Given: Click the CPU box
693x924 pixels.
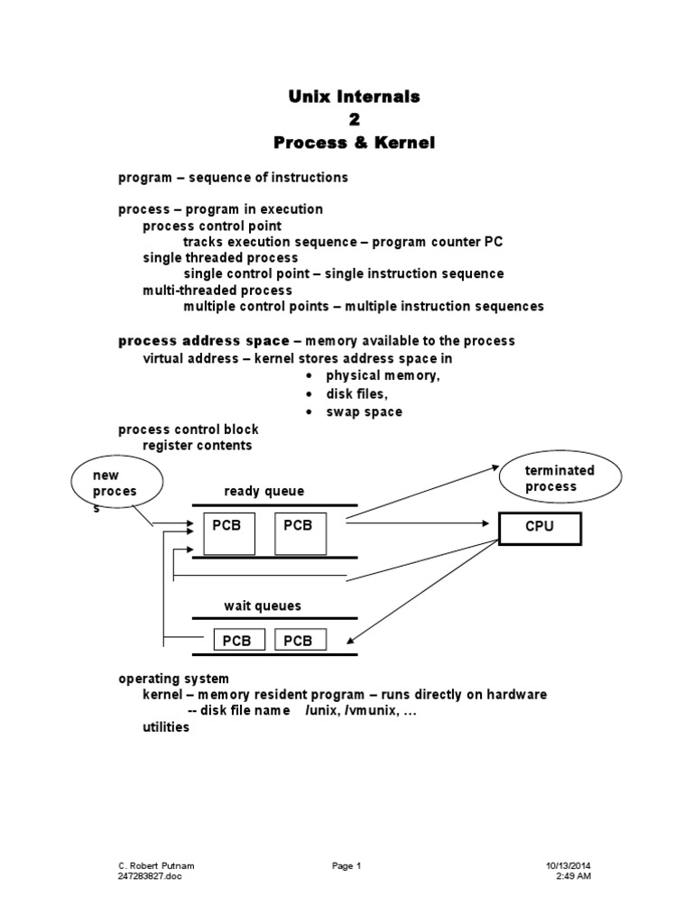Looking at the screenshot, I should point(540,527).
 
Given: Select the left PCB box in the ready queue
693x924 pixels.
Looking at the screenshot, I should point(229,532).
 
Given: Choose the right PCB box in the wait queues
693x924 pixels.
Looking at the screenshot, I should point(297,640).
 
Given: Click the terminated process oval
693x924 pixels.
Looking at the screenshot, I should point(560,478).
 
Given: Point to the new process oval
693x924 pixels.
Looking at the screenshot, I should point(116,486).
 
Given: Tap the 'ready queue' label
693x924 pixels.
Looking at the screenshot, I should point(264,491).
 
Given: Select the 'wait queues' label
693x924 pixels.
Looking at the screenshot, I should point(263,605).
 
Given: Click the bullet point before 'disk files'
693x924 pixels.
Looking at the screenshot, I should point(309,394).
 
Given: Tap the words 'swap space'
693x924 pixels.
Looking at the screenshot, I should point(365,411).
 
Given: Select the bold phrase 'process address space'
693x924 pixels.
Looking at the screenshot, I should point(205,340).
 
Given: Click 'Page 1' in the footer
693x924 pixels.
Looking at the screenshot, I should point(346,866).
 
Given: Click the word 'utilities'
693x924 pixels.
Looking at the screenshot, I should point(166,727).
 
